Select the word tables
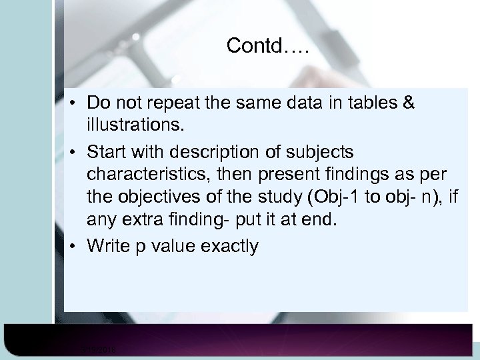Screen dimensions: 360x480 pyautogui.click(x=369, y=103)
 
